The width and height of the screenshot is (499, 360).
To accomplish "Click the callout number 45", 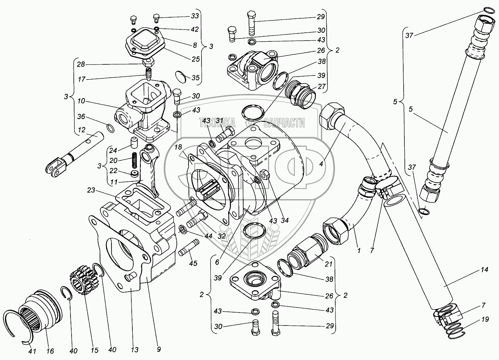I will pyautogui.click(x=193, y=263).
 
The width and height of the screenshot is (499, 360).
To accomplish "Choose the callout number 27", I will pyautogui.click(x=321, y=86).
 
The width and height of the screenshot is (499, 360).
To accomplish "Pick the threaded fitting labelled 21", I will pyautogui.click(x=305, y=252).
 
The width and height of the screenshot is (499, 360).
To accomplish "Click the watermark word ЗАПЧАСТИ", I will pyautogui.click(x=284, y=123).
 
